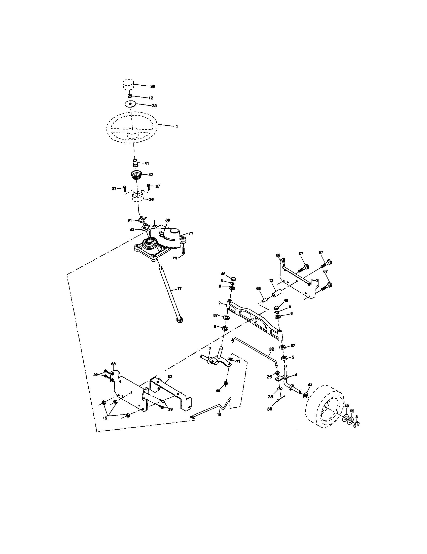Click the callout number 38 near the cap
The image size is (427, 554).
tap(152, 86)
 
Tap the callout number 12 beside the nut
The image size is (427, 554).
tap(151, 98)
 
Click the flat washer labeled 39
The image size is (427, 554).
tap(130, 104)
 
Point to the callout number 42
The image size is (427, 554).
tap(151, 175)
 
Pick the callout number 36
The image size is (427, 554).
tap(151, 199)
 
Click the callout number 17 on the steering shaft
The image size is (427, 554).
tap(179, 288)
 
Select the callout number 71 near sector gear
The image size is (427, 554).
tap(191, 233)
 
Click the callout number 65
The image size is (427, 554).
tap(258, 289)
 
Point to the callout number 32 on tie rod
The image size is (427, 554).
tap(272, 349)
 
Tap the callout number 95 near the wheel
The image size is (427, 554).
tap(352, 411)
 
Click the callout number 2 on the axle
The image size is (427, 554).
tap(220, 303)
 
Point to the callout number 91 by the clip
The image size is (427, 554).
tap(130, 220)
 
